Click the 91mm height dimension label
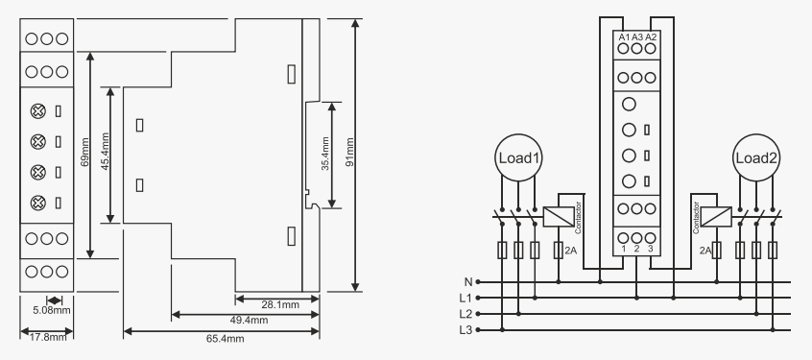tap(350, 152)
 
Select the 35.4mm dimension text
tap(325, 154)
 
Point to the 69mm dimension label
tap(85, 152)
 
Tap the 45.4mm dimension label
tap(106, 152)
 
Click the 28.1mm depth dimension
tap(280, 304)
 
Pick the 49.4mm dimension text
tap(250, 320)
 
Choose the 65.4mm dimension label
tap(226, 339)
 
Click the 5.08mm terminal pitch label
tap(52, 311)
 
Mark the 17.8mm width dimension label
tap(48, 337)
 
